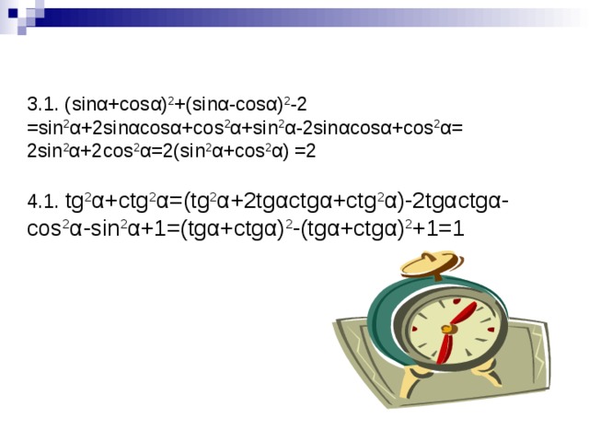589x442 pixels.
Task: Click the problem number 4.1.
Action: [42, 202]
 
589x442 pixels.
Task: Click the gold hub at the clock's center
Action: [448, 329]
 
